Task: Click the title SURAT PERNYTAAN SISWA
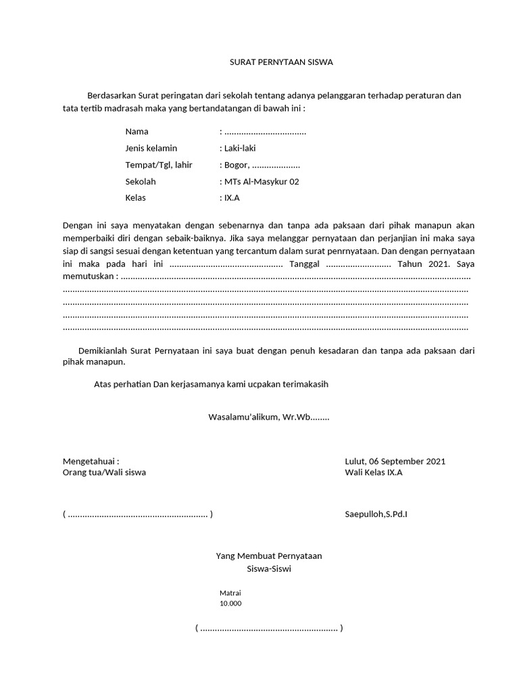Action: pos(279,62)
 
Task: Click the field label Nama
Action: pos(137,131)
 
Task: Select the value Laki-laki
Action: pos(239,148)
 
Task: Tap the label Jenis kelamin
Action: pos(151,148)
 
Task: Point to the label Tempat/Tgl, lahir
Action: pos(159,165)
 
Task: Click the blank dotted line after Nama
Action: pos(265,131)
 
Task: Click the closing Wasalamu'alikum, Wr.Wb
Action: pos(268,417)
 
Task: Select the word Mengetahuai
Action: pos(91,461)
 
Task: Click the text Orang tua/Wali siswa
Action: pos(104,472)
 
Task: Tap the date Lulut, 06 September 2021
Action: pos(395,461)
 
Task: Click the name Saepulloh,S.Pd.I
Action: pos(376,514)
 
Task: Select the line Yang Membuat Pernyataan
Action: pos(268,555)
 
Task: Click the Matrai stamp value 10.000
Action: pos(230,603)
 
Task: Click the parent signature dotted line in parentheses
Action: pos(137,514)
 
